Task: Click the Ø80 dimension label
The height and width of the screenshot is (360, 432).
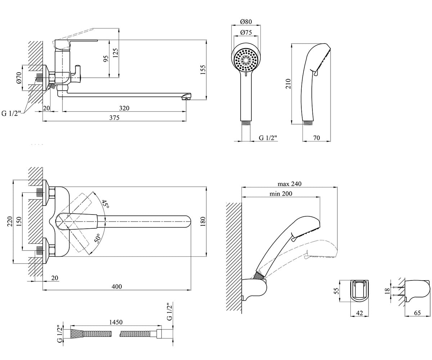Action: coord(246,21)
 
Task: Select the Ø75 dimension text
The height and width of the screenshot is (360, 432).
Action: coord(246,32)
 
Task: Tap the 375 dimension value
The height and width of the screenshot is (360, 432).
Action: coord(114,117)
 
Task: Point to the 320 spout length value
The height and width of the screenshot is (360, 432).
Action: coord(124,108)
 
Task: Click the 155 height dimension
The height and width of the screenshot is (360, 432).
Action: coord(203,70)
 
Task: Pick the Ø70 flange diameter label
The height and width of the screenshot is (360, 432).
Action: coord(19,78)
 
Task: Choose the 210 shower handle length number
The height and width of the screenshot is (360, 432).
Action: coord(288,84)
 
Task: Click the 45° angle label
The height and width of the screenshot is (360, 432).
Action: coord(105,204)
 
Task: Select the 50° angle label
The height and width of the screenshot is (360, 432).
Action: coord(97,238)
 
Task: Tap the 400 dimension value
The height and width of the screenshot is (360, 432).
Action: coord(117,286)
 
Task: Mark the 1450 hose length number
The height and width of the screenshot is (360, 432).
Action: coord(116,322)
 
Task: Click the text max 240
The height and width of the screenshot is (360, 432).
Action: coord(289,184)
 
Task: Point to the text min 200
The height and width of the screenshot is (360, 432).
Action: coord(281,193)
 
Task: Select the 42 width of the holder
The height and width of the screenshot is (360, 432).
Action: coord(360,313)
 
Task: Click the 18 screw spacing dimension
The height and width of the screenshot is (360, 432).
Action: coord(387,291)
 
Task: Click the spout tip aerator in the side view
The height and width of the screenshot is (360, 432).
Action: coord(186,99)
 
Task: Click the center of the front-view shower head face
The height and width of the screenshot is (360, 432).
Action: coord(246,60)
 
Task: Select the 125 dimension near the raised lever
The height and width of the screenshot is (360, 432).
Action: coord(116,53)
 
